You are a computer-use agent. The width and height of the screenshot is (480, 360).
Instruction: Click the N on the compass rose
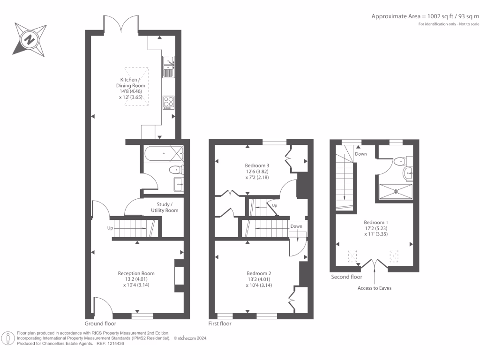click(30, 40)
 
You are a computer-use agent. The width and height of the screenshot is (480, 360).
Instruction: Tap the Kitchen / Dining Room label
click(130, 82)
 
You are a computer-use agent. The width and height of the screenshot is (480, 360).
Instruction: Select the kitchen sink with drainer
click(168, 67)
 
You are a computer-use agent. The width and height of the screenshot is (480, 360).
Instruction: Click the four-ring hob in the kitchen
click(168, 103)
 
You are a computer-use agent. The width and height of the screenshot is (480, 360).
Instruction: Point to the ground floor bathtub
click(164, 153)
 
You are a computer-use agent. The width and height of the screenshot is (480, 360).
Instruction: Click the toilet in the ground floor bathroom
click(176, 170)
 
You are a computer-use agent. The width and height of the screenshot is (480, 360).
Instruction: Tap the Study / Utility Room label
click(165, 207)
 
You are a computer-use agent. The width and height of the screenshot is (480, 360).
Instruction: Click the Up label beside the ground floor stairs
click(110, 228)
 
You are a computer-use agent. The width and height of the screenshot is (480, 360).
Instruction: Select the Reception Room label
click(136, 273)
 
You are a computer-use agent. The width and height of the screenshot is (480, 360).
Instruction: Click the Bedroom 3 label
click(257, 165)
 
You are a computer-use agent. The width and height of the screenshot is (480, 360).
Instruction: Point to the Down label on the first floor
click(296, 226)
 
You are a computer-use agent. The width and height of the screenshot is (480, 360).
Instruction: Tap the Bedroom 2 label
click(259, 273)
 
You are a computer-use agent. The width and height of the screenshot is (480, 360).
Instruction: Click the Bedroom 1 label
click(376, 223)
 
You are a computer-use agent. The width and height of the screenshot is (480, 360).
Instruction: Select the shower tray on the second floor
click(396, 191)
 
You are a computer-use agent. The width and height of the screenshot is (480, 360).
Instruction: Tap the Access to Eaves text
click(375, 288)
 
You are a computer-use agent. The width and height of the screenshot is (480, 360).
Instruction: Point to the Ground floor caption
click(100, 323)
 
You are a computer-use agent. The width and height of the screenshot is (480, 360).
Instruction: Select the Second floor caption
click(346, 277)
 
